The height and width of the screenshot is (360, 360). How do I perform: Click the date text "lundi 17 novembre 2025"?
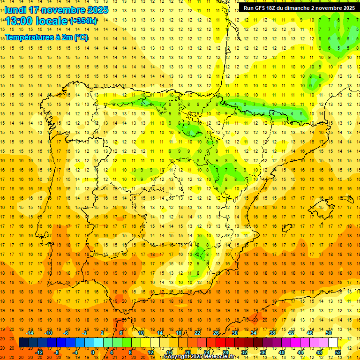[x=56, y=10]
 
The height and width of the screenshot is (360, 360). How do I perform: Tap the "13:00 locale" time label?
[x=37, y=21]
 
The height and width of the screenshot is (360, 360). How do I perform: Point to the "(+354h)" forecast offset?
[x=83, y=21]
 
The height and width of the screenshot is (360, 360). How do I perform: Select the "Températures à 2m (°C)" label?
[x=46, y=37]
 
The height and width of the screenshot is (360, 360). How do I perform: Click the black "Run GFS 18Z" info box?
[x=299, y=7]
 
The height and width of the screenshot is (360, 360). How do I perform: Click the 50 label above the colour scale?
[x=329, y=333]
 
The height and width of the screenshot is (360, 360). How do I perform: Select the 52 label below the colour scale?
[x=338, y=352]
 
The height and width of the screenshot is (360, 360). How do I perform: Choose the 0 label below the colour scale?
[x=93, y=352]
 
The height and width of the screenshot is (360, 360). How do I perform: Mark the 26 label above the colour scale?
[x=216, y=333]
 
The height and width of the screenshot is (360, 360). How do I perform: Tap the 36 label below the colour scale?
[x=263, y=352]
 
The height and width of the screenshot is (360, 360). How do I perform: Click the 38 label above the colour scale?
[x=272, y=333]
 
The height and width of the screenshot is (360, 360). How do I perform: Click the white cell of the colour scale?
[x=333, y=343]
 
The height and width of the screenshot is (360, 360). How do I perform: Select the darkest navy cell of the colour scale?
[x=23, y=343]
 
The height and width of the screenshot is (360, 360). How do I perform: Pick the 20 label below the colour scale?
[x=188, y=352]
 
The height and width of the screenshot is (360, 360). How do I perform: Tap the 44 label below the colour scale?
[x=300, y=352]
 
